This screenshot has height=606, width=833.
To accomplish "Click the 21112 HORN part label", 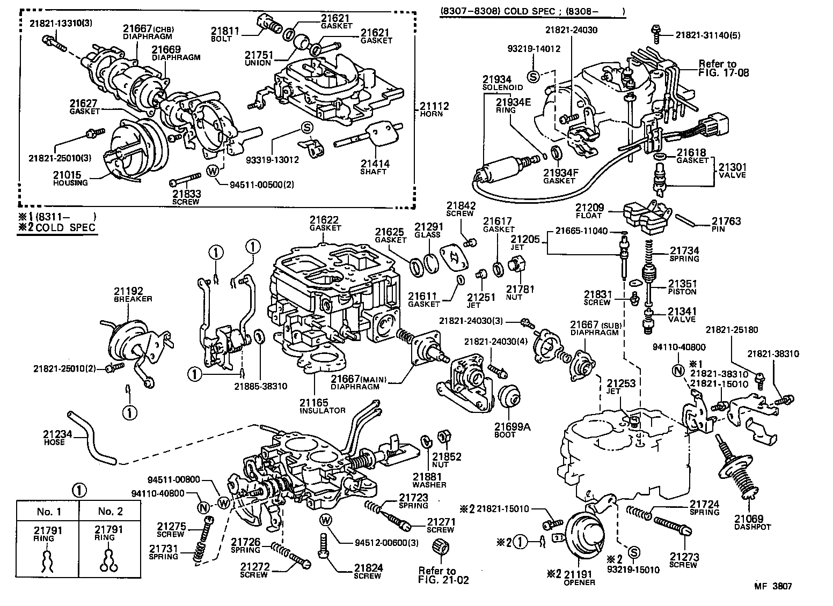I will pos(434,110).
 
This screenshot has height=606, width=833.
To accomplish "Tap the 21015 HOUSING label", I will pos(70,178).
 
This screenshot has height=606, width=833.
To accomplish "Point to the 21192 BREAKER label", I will pos(133,294).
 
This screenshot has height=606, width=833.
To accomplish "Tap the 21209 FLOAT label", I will pos(589,211).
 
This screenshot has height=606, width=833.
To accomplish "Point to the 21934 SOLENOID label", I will pos(502,83).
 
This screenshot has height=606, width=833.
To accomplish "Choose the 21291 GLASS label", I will pos(427,231).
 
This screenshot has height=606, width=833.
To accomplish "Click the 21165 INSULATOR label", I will pos(322,406).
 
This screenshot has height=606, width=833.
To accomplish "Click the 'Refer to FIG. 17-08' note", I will pos(724,68).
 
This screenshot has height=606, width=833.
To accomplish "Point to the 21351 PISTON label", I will pos(682,287).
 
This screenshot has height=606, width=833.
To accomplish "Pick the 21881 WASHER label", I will pos(429,481).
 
